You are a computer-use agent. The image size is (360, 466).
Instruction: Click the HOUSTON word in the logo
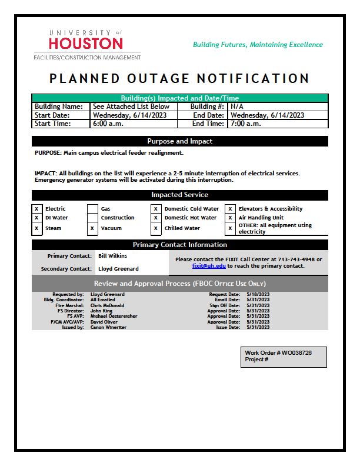point(86,44)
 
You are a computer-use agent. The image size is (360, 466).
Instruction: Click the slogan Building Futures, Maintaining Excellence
point(258,45)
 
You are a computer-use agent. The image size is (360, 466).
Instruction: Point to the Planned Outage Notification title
point(179,78)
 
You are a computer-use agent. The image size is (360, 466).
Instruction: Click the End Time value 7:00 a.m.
point(246,124)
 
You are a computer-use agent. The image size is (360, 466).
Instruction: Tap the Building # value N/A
point(237,106)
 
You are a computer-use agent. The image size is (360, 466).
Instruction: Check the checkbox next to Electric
point(36,209)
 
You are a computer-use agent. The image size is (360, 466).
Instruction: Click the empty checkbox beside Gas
point(92,209)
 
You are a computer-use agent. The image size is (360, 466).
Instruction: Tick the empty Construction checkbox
point(92,218)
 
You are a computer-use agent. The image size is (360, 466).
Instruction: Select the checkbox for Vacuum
point(92,228)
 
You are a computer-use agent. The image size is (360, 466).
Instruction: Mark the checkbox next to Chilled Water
point(156,228)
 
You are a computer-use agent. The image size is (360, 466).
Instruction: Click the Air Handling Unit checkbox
point(230,218)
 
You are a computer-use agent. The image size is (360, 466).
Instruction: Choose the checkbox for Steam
point(36,228)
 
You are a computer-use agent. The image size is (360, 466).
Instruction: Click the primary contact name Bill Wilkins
point(112,256)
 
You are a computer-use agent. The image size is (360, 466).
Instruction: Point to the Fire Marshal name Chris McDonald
point(107,305)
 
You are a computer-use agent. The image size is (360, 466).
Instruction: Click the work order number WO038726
point(296,353)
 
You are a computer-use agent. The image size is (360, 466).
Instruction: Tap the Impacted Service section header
point(179,195)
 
